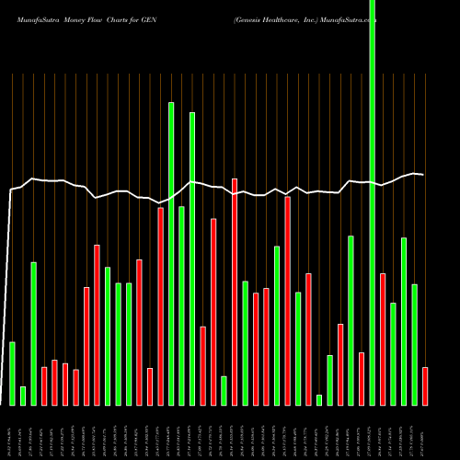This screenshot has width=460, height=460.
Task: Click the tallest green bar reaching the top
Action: pyautogui.click(x=372, y=202)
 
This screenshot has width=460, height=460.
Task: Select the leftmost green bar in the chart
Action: pyautogui.click(x=13, y=373)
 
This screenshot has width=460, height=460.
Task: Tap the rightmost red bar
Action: pyautogui.click(x=425, y=385)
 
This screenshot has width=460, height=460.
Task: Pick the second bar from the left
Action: pyautogui.click(x=23, y=396)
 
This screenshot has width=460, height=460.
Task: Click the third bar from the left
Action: pyautogui.click(x=34, y=333)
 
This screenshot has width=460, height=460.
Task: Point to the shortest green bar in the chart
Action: pyautogui.click(x=319, y=399)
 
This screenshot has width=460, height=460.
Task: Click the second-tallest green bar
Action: pyautogui.click(x=171, y=253)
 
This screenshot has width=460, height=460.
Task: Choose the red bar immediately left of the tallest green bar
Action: pyautogui.click(x=362, y=378)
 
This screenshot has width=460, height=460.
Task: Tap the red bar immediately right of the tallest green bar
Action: pyautogui.click(x=383, y=339)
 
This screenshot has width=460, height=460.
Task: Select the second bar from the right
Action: pyautogui.click(x=414, y=344)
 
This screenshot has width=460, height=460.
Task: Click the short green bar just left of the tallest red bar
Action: pyautogui.click(x=224, y=390)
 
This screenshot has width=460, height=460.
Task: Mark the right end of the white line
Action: pyautogui.click(x=423, y=174)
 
